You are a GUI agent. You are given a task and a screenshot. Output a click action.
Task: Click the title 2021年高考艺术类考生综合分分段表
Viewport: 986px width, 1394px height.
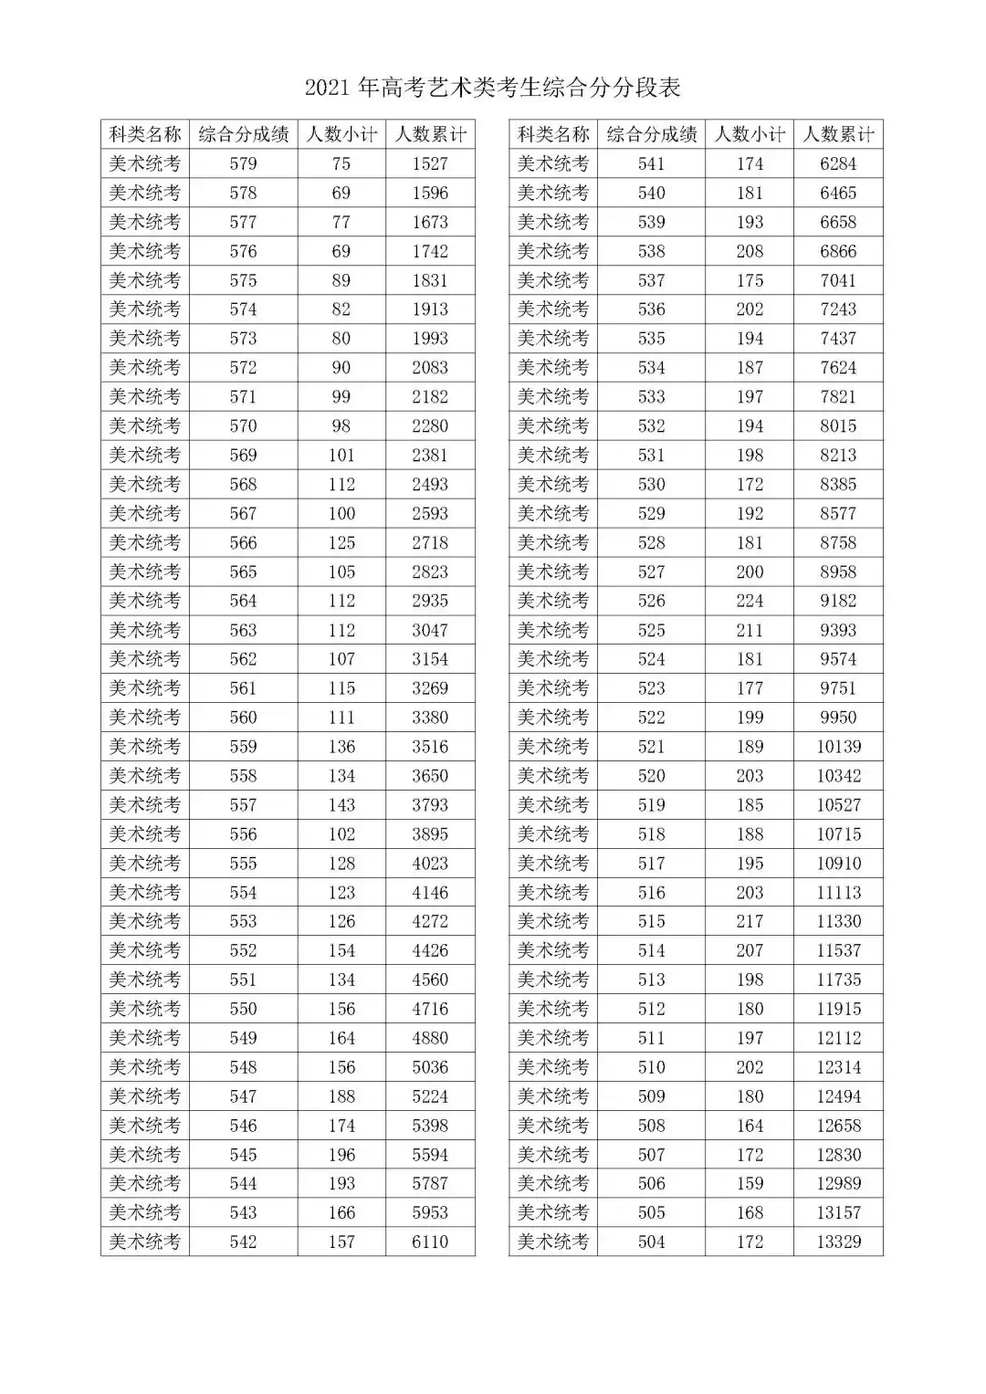click(493, 88)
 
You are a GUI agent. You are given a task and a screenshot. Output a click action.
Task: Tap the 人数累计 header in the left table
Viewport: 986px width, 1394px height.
click(430, 134)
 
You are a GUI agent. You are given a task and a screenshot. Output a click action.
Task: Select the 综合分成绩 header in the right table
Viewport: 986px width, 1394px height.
click(651, 134)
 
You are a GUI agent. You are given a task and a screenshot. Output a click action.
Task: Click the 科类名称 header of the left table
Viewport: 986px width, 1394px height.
click(145, 134)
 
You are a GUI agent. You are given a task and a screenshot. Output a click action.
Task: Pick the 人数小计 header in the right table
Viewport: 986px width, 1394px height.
click(750, 134)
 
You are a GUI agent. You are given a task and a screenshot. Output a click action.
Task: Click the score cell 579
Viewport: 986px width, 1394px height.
click(244, 163)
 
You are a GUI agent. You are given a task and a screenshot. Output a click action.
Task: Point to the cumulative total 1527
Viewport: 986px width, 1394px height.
click(430, 163)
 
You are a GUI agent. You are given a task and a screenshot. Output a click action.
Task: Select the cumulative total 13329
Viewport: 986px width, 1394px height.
click(838, 1242)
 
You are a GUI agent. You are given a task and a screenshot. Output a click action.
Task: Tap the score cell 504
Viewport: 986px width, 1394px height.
click(651, 1242)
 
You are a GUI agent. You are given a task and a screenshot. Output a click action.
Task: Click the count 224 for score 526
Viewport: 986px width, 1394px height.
click(750, 601)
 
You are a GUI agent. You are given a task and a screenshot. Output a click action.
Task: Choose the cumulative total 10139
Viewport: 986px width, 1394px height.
click(838, 747)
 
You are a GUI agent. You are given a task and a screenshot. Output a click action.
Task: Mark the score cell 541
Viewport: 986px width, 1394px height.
click(651, 163)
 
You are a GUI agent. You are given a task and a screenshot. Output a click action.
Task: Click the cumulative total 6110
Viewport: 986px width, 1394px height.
click(430, 1242)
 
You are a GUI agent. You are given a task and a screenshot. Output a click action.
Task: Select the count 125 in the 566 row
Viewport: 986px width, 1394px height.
click(341, 542)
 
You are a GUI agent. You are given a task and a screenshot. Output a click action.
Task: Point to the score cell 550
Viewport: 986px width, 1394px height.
click(244, 1009)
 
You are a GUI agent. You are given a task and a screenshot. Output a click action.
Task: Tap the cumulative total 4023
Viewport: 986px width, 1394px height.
click(430, 863)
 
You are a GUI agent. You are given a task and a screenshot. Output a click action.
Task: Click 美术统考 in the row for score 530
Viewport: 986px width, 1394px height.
click(553, 484)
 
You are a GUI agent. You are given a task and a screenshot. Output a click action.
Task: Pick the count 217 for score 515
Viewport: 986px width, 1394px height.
click(750, 921)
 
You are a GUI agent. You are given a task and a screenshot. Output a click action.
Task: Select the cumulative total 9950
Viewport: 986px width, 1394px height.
click(838, 718)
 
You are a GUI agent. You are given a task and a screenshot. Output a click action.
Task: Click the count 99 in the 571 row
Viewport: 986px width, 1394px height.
click(341, 396)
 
